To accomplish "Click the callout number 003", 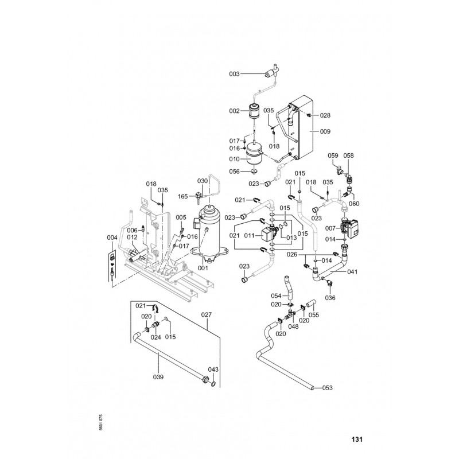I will (x=236, y=74).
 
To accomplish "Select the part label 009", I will (x=325, y=131).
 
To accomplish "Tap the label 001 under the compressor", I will (x=203, y=267).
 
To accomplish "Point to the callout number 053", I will (x=328, y=388).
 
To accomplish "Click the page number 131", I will (x=357, y=440).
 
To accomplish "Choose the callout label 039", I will (x=158, y=377).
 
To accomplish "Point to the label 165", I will (x=183, y=197).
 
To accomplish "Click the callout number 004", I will (x=112, y=238).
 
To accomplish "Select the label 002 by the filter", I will (x=235, y=111).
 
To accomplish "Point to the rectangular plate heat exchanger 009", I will (x=301, y=132).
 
